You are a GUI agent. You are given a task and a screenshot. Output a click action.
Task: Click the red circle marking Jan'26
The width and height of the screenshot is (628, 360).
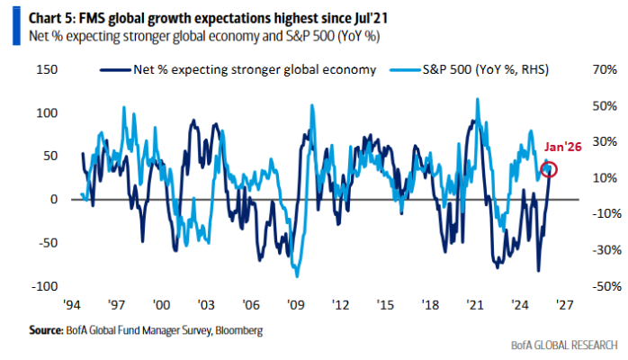click(550, 168)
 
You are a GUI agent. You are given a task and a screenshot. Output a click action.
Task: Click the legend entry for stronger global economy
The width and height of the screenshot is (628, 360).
click(251, 69)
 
